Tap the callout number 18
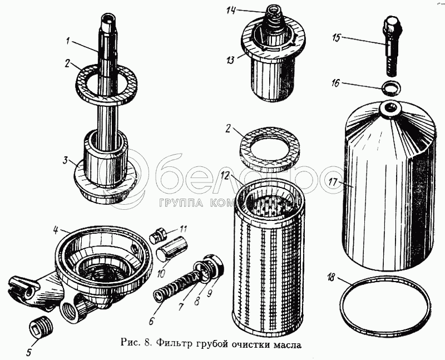tap(331, 276)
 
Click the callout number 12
tap(225, 176)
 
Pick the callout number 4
tap(56, 228)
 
